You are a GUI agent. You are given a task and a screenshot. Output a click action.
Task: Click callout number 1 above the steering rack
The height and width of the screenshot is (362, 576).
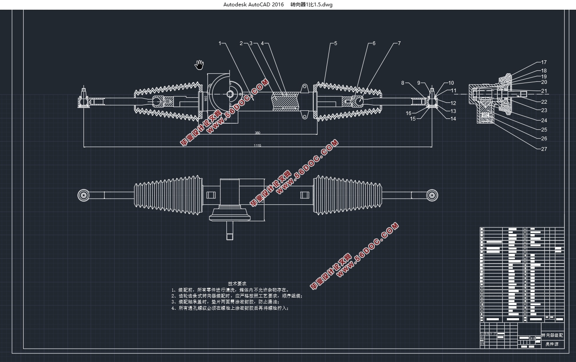pos(220,43)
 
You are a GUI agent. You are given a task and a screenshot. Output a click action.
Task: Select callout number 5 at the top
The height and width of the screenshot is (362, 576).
pos(336,43)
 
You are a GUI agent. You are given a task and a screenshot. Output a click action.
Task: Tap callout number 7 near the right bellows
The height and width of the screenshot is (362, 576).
pos(399,43)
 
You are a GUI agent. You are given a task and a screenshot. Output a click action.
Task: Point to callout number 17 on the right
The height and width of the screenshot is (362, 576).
pos(544,62)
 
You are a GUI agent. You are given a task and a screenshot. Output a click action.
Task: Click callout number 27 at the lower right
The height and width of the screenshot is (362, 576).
pos(544,149)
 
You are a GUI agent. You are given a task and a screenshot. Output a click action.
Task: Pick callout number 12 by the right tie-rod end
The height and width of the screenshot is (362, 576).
pos(453,103)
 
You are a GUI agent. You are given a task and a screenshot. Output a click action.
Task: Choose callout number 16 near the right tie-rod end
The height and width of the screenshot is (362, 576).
pos(409,113)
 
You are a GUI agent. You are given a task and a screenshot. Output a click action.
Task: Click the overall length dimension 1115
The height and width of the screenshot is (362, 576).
pos(257,145)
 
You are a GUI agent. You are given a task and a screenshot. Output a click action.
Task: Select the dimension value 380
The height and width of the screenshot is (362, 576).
pos(257,133)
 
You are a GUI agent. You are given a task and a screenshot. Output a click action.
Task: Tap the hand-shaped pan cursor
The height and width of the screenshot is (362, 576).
pos(199,64)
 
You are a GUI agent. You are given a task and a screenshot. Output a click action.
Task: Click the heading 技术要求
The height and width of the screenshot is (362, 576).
pos(237,284)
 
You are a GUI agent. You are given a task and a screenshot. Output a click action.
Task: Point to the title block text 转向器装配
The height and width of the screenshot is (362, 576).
pos(552,335)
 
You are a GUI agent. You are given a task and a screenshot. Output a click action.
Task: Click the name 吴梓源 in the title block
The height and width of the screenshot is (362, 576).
pos(552,344)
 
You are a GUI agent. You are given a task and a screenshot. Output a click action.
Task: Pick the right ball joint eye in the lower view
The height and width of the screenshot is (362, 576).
pos(431,195)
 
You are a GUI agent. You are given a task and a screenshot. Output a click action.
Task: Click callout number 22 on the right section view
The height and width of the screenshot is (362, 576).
pos(544,102)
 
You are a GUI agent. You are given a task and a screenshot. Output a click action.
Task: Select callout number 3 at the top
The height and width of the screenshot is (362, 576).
pos(250,43)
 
